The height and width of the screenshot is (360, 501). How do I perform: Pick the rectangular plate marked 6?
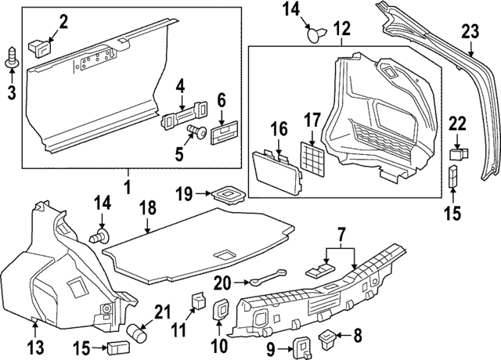222,128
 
